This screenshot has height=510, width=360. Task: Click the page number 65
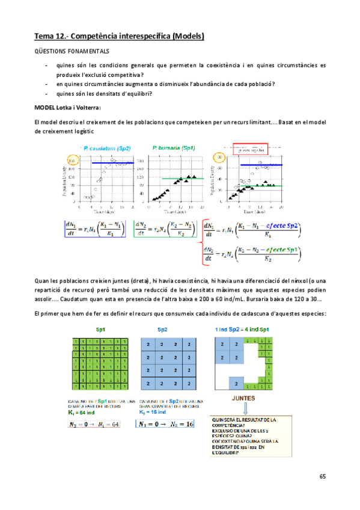322,477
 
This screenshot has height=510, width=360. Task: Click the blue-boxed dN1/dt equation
99,229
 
